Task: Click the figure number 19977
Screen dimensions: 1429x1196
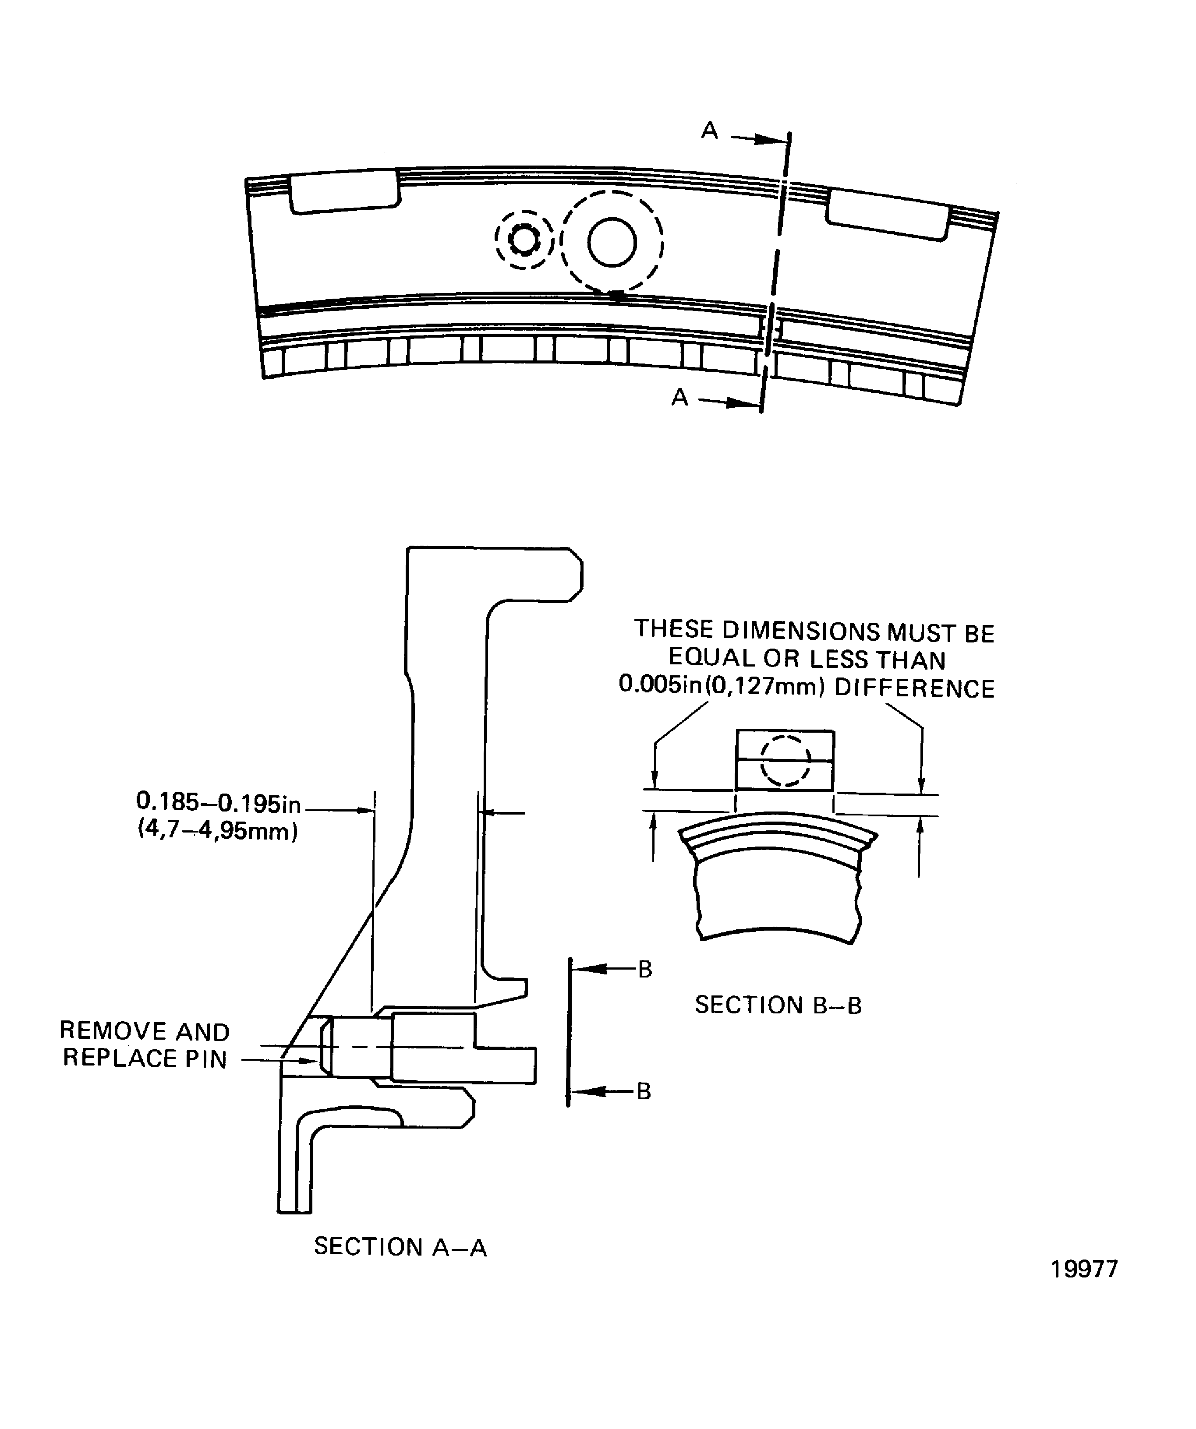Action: pyautogui.click(x=1084, y=1269)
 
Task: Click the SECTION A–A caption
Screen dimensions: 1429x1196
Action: pyautogui.click(x=400, y=1247)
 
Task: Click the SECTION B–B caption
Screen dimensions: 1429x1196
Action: pyautogui.click(x=778, y=1005)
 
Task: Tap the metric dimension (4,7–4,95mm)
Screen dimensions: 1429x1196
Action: pyautogui.click(x=218, y=831)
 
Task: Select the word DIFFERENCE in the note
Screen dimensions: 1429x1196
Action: pyautogui.click(x=914, y=688)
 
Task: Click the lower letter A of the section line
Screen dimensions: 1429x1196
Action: pyautogui.click(x=679, y=397)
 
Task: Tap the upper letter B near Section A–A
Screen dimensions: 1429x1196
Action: pyautogui.click(x=644, y=969)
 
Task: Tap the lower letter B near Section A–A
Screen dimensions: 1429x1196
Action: pyautogui.click(x=644, y=1091)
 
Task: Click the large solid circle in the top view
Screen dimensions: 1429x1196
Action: pyautogui.click(x=612, y=242)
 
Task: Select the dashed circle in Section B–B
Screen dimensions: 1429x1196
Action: pyautogui.click(x=785, y=761)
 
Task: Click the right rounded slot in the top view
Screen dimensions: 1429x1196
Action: pyautogui.click(x=888, y=214)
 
